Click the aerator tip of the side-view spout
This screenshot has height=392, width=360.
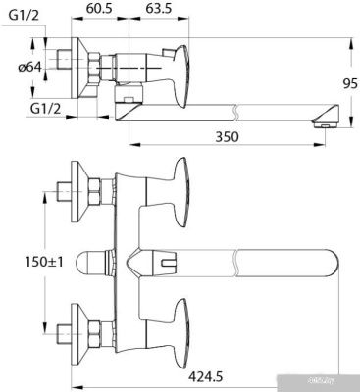click(324, 122)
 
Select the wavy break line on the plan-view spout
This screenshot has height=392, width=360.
click(237, 265)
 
